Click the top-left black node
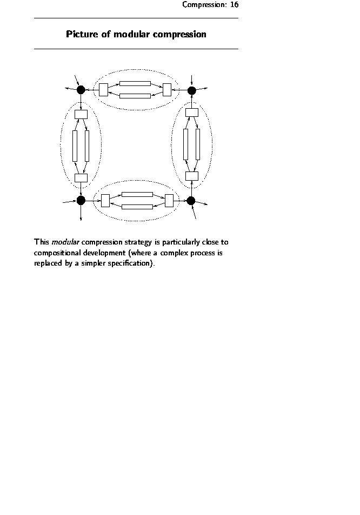click(81, 89)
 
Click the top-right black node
click(191, 90)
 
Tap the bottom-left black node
click(81, 200)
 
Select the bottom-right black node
click(191, 201)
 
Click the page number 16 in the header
click(234, 5)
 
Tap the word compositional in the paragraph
click(56, 253)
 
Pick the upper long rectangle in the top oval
click(135, 83)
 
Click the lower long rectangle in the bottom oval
click(137, 207)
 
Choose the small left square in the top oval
click(103, 89)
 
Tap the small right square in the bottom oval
click(169, 200)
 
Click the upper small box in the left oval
click(81, 114)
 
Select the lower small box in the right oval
click(192, 176)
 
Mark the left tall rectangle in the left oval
click(75, 146)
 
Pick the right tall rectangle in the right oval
click(198, 144)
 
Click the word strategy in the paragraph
click(138, 242)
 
